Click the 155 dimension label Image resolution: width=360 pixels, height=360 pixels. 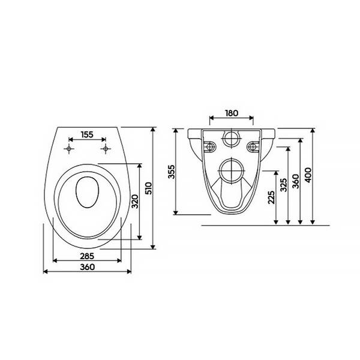(87, 134)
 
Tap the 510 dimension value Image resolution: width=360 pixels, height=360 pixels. (149, 188)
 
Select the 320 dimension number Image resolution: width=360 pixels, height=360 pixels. (135, 202)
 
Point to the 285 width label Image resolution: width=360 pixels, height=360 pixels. (87, 256)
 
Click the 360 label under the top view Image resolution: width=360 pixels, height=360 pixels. (87, 267)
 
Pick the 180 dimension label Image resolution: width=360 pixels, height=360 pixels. (232, 113)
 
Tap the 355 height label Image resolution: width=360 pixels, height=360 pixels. (172, 172)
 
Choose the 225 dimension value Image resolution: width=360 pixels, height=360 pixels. (271, 197)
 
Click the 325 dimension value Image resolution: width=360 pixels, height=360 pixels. (284, 185)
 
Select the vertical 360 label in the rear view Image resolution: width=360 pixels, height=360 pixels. (296, 181)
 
